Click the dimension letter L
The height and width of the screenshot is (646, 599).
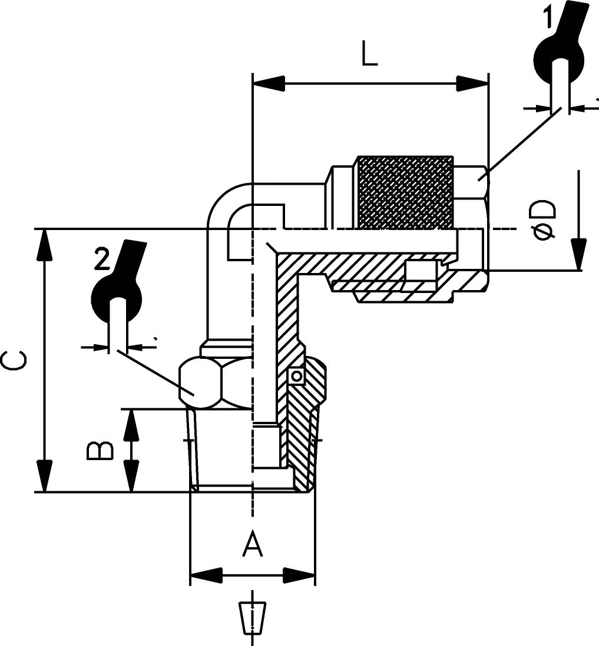coord(369,54)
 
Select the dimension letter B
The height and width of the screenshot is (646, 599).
coord(100,450)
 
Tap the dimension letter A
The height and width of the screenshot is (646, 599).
coord(253,544)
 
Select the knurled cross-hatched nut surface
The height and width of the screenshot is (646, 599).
coord(406,192)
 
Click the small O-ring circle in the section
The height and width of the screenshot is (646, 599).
coord(296,376)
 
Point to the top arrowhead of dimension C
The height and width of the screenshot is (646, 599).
coord(45,245)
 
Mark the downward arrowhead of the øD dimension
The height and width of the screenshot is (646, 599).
coord(579,254)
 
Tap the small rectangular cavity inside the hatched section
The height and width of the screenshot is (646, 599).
coord(421,271)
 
